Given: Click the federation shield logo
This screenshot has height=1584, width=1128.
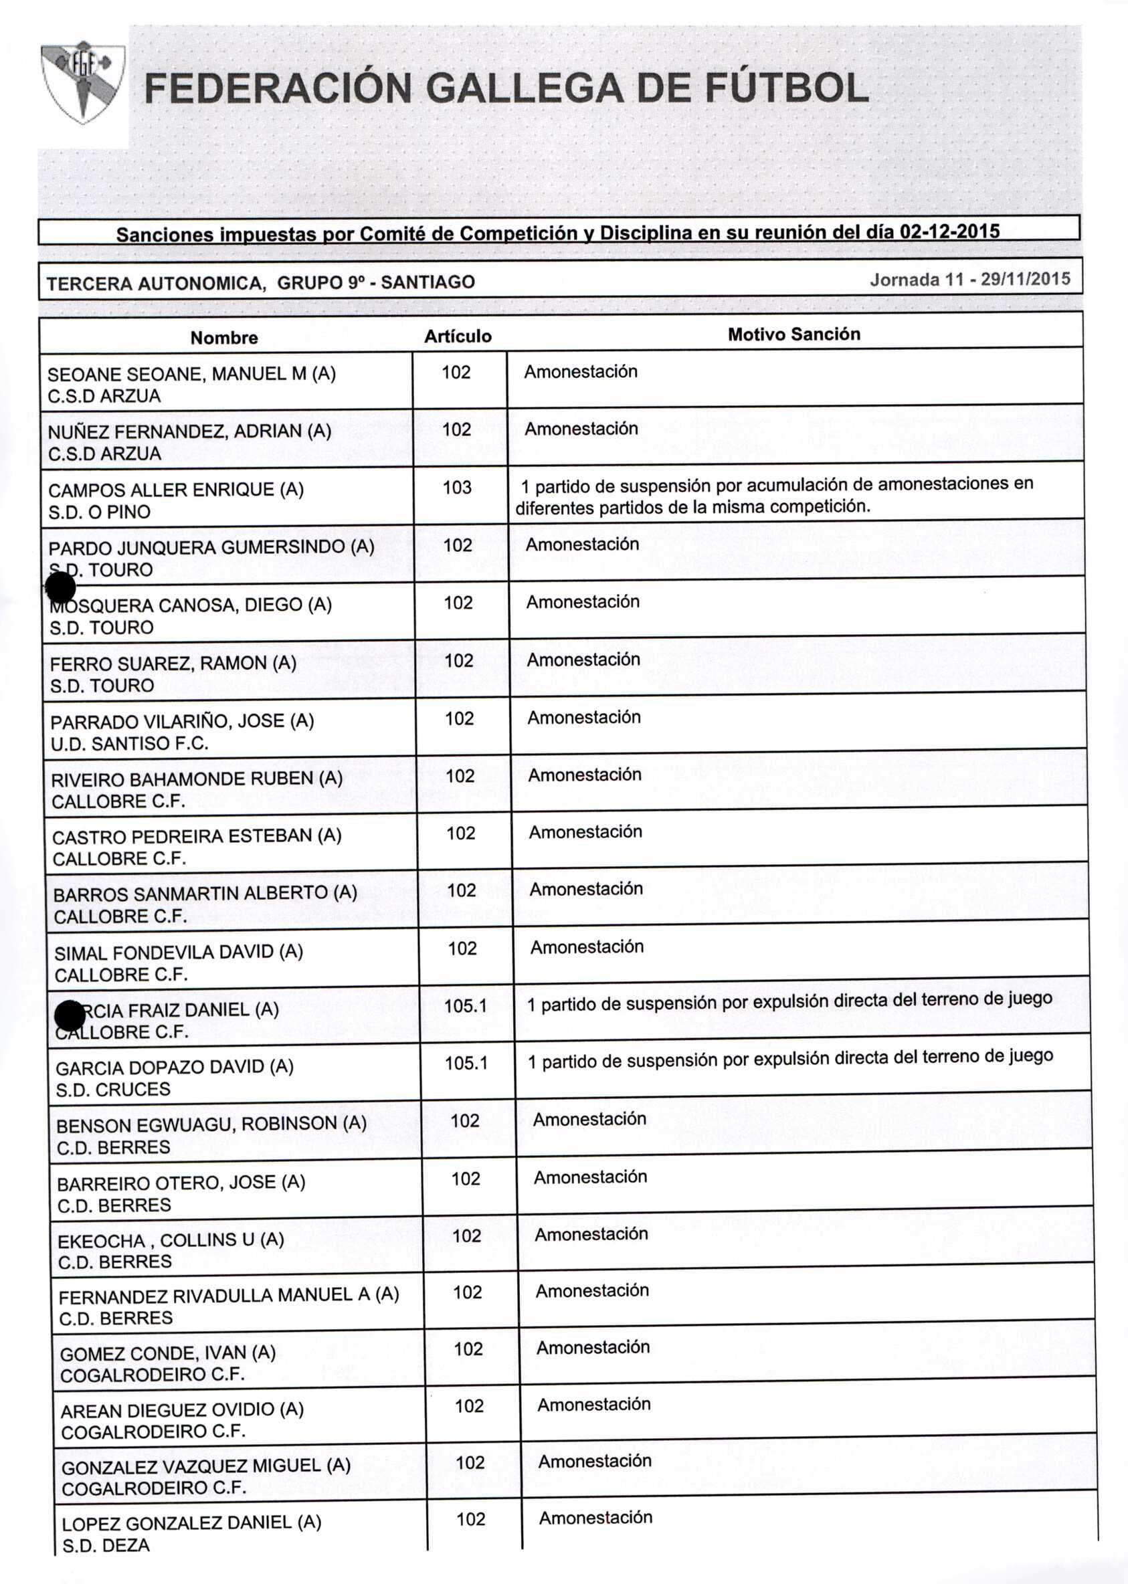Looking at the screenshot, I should tap(83, 82).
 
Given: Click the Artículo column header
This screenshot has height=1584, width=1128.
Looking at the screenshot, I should tap(458, 336).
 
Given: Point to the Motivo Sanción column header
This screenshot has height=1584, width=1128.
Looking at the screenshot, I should tap(793, 334).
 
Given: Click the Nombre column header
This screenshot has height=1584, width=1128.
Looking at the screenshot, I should tap(223, 338).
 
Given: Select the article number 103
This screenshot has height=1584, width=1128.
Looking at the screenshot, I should tap(457, 488).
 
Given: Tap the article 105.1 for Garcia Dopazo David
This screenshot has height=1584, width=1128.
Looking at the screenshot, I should tap(466, 1063).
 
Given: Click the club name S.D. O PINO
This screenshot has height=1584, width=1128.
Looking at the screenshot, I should tap(99, 512).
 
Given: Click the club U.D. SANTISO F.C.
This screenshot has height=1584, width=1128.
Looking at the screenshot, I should tap(129, 744).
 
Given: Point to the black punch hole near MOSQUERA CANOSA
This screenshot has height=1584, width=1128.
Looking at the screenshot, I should tap(60, 588).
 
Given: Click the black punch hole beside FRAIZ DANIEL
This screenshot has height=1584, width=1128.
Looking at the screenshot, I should tap(70, 1017).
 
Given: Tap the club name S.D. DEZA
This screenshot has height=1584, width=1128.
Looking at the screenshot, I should tap(106, 1545).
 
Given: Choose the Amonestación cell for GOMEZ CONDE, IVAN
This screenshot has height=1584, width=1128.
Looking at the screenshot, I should tap(593, 1348).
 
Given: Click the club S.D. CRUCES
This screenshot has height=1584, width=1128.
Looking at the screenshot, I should tap(112, 1090).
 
